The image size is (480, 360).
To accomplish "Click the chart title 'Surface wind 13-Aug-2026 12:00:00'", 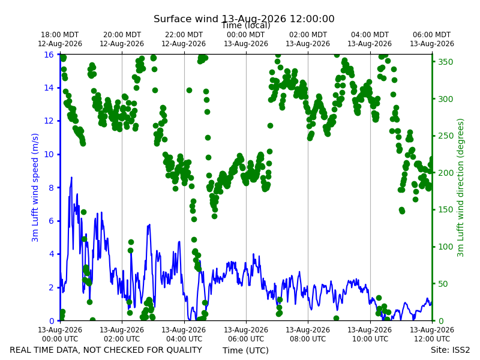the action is pos(244,19).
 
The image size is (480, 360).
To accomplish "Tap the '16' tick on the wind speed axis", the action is pos(49,55).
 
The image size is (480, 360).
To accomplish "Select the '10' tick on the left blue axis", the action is pos(49,154).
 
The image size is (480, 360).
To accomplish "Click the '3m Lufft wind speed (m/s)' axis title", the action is pos(35,187).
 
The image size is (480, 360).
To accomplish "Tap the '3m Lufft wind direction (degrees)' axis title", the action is pos(460,188).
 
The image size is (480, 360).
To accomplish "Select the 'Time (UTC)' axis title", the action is pos(245,350).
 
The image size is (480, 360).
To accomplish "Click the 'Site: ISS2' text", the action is pos(451,350).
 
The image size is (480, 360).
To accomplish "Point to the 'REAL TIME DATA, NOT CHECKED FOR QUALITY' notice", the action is pos(106,350).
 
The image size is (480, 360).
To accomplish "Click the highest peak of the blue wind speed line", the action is pos(71,177).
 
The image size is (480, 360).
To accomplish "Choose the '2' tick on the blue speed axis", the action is pos(51,287).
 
